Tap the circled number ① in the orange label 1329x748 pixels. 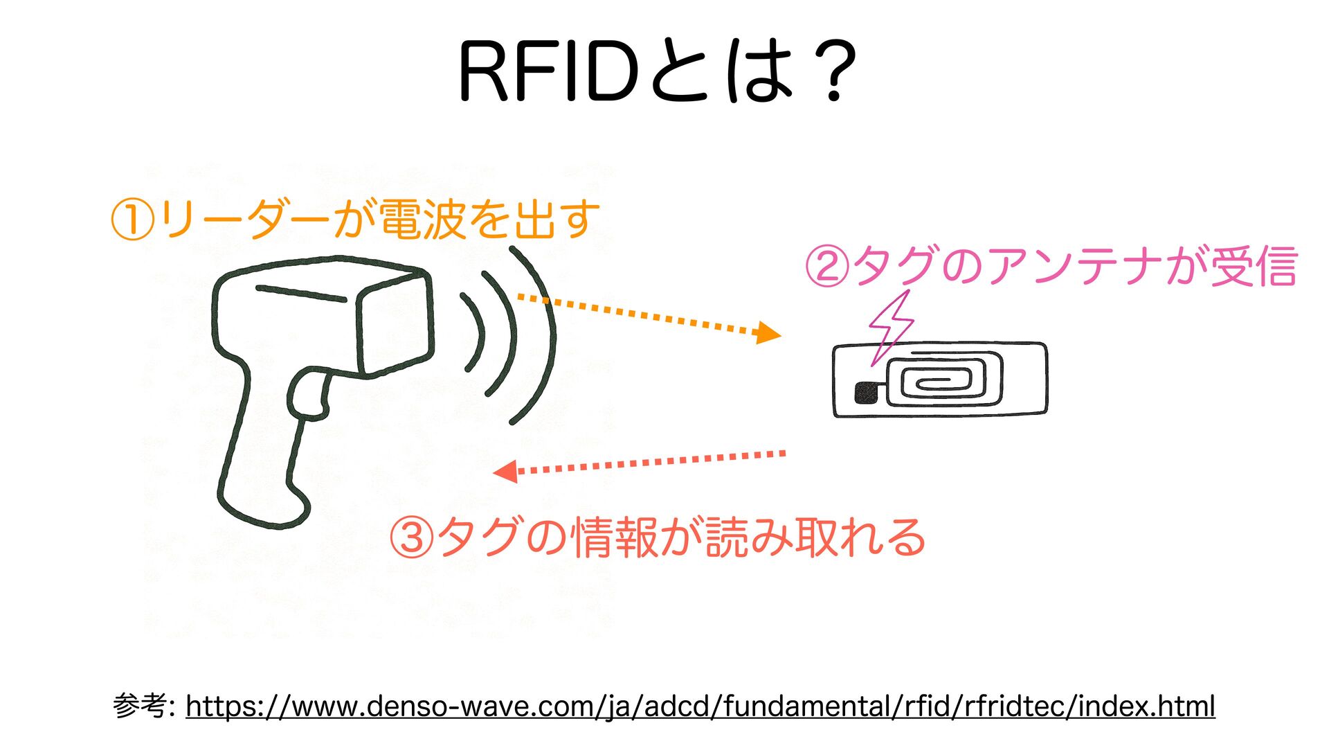click(132, 220)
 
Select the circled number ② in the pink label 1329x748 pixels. click(826, 267)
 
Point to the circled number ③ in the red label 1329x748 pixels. click(411, 538)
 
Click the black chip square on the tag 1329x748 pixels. click(865, 393)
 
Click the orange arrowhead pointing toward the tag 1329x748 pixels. click(768, 333)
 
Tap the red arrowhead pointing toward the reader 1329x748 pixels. click(505, 472)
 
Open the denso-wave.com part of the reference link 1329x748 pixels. click(444, 706)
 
